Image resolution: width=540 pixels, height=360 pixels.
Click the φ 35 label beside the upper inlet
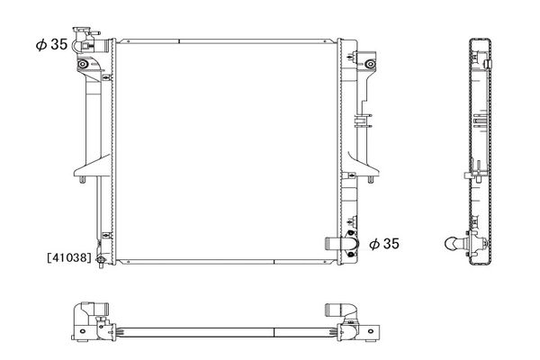pyautogui.click(x=51, y=44)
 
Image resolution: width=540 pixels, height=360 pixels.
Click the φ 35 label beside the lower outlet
pyautogui.click(x=384, y=244)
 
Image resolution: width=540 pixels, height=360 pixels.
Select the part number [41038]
pyautogui.click(x=69, y=257)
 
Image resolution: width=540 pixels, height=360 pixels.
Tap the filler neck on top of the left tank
pyautogui.click(x=82, y=31)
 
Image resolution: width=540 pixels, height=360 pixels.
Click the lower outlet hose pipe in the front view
pyautogui.click(x=333, y=244)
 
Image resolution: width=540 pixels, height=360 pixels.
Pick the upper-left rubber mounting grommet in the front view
pyautogui.click(x=82, y=64)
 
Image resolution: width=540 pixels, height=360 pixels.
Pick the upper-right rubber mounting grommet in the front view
pyautogui.click(x=370, y=64)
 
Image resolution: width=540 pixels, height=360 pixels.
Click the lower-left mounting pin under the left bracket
pyautogui.click(x=82, y=179)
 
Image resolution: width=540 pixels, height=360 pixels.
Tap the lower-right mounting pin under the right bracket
pyautogui.click(x=371, y=179)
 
